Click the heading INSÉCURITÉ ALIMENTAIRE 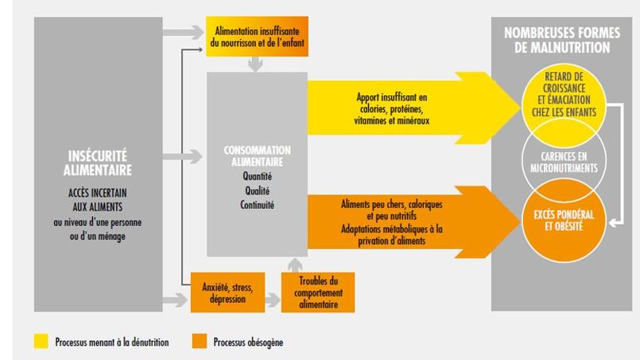click(98, 161)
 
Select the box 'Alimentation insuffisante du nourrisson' click(256, 36)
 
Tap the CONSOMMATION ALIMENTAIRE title click(256, 155)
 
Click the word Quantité click(256, 177)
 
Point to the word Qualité click(256, 191)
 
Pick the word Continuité click(256, 204)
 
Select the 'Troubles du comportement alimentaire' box click(317, 292)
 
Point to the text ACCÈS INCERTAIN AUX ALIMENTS click(98, 199)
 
